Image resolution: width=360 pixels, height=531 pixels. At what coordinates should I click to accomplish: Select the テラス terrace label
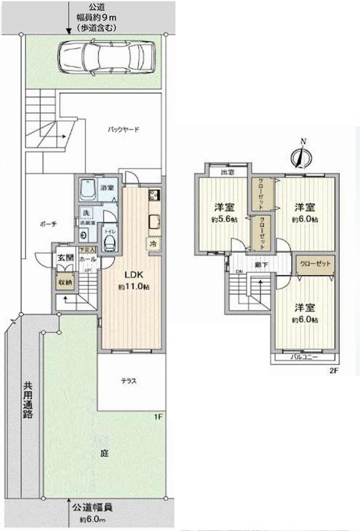pos(129,381)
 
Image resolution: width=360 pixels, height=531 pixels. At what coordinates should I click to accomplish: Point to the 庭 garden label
pos(104,454)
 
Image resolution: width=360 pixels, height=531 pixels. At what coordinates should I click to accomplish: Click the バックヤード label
pos(124,130)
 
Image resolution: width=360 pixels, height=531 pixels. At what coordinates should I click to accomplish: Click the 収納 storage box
pos(64,281)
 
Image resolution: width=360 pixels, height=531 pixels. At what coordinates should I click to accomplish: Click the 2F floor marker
pos(333,371)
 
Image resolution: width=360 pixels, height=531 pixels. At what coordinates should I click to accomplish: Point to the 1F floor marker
pos(157,417)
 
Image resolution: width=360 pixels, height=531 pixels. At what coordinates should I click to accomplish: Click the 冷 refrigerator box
pos(153,244)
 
